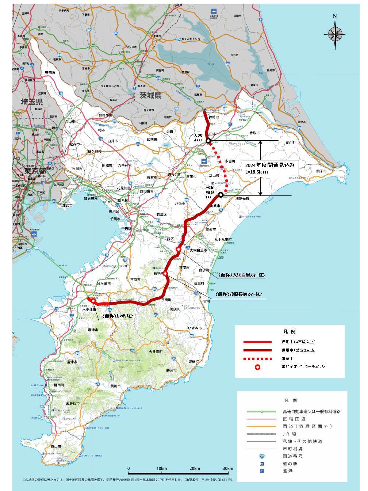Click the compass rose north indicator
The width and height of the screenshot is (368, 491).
click(334, 33)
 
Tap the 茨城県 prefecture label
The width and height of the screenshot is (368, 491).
click(150, 95)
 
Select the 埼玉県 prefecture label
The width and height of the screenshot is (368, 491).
click(31, 102)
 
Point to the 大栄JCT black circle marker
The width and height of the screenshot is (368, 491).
click(208, 141)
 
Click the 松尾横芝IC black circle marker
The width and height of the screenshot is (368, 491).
click(221, 195)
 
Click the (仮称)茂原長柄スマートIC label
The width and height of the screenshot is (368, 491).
click(238, 294)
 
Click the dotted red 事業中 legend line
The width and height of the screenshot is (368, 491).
click(258, 358)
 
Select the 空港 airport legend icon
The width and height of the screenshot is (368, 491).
click(261, 471)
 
